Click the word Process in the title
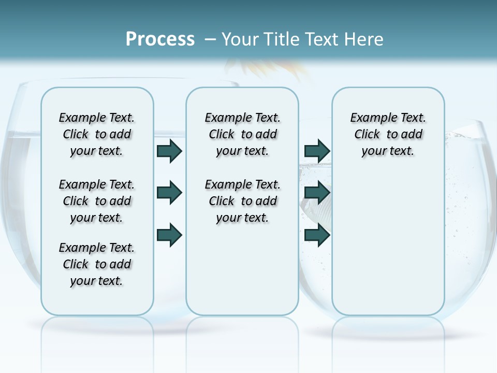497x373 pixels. [x=160, y=39]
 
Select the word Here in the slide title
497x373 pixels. [x=364, y=39]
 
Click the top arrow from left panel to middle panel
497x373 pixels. [x=169, y=151]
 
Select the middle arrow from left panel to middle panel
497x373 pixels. [x=169, y=193]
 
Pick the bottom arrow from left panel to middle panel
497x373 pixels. [x=169, y=235]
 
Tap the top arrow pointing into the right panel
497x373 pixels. [x=317, y=151]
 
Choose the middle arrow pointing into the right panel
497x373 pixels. [x=317, y=193]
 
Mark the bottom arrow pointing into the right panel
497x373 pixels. [x=317, y=235]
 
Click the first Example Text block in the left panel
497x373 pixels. [x=97, y=134]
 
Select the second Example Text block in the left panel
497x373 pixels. [x=97, y=201]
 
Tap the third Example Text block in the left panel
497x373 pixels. [x=97, y=264]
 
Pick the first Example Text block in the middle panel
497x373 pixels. [x=242, y=134]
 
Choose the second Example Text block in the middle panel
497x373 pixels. [x=242, y=201]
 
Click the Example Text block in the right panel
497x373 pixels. [x=388, y=134]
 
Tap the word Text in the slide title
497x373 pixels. [x=323, y=39]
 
